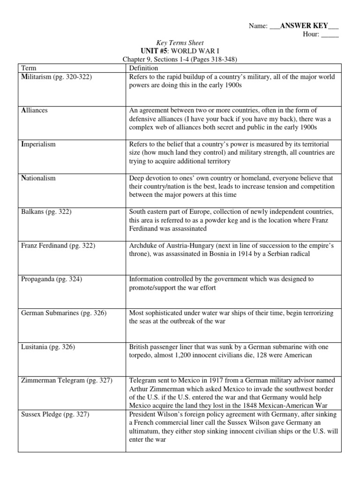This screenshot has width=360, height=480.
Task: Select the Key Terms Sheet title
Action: (x=180, y=43)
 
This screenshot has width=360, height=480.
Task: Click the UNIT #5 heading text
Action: (x=154, y=51)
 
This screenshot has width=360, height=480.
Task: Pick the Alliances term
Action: (x=35, y=111)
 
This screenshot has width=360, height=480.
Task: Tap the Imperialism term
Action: (x=38, y=144)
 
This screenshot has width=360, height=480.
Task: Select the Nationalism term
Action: (x=38, y=178)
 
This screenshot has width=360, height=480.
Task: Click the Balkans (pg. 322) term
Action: (x=46, y=212)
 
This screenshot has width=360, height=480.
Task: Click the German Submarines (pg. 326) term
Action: (x=64, y=313)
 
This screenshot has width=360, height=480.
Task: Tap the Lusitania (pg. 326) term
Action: (x=48, y=347)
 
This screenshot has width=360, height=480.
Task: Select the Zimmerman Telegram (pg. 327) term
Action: (x=67, y=381)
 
